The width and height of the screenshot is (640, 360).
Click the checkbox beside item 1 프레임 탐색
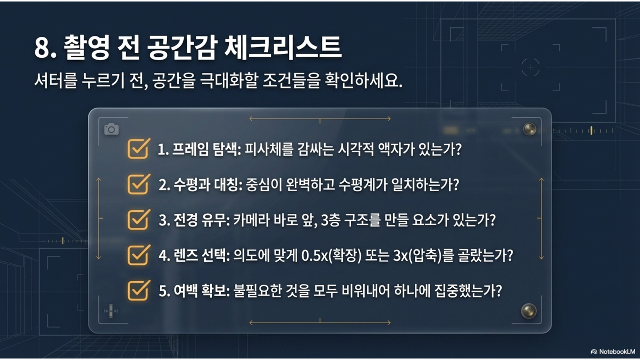click(138, 148)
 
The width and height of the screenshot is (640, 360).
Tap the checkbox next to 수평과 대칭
click(138, 184)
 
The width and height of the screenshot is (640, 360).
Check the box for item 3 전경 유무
click(138, 220)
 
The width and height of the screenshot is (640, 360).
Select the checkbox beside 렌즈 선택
click(138, 255)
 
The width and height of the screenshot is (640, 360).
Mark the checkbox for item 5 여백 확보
click(138, 291)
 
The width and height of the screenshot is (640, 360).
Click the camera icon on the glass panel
click(111, 129)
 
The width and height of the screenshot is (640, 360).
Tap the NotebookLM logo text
click(613, 351)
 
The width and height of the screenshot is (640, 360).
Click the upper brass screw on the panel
click(529, 129)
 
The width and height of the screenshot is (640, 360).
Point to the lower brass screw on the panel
click(529, 310)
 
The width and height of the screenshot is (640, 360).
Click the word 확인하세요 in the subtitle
click(363, 81)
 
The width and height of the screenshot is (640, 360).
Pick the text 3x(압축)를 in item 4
click(423, 255)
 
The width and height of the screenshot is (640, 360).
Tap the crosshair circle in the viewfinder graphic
click(531, 67)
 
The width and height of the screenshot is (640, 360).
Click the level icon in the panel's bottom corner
click(111, 310)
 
